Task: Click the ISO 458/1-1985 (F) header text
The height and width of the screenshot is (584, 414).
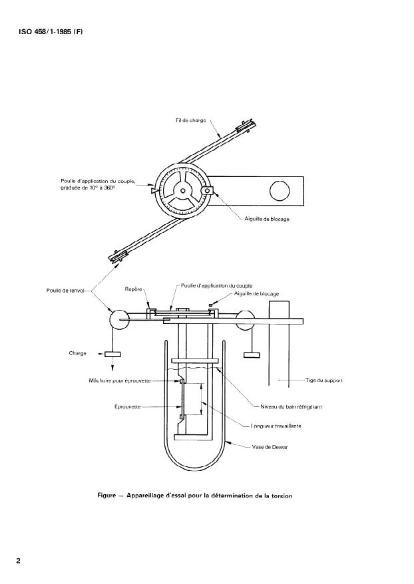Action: [x=51, y=32]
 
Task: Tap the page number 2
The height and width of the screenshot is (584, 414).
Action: [x=18, y=561]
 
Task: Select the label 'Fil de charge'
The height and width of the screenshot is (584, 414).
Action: [x=191, y=120]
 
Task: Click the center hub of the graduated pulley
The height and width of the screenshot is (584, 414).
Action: [x=182, y=190]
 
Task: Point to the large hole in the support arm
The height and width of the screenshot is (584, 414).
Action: [x=280, y=191]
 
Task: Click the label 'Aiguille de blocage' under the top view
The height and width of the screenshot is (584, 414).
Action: [x=267, y=219]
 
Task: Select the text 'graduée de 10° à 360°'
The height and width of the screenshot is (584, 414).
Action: [x=88, y=188]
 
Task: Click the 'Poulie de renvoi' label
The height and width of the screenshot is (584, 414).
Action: [x=65, y=291]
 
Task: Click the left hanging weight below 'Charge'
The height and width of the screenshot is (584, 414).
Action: [x=112, y=355]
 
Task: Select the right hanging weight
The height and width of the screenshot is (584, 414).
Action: [x=252, y=355]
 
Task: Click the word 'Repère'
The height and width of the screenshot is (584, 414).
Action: [x=133, y=289]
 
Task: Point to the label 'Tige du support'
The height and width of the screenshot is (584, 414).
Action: [x=324, y=380]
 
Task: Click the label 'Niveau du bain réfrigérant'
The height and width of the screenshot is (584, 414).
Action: [x=291, y=406]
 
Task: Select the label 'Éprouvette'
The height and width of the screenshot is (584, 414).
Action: [x=127, y=406]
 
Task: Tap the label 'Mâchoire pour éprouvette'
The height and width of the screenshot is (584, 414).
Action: [x=120, y=380]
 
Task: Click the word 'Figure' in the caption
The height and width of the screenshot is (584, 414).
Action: [x=106, y=496]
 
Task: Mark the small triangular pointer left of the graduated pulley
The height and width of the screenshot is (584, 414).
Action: [x=154, y=190]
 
